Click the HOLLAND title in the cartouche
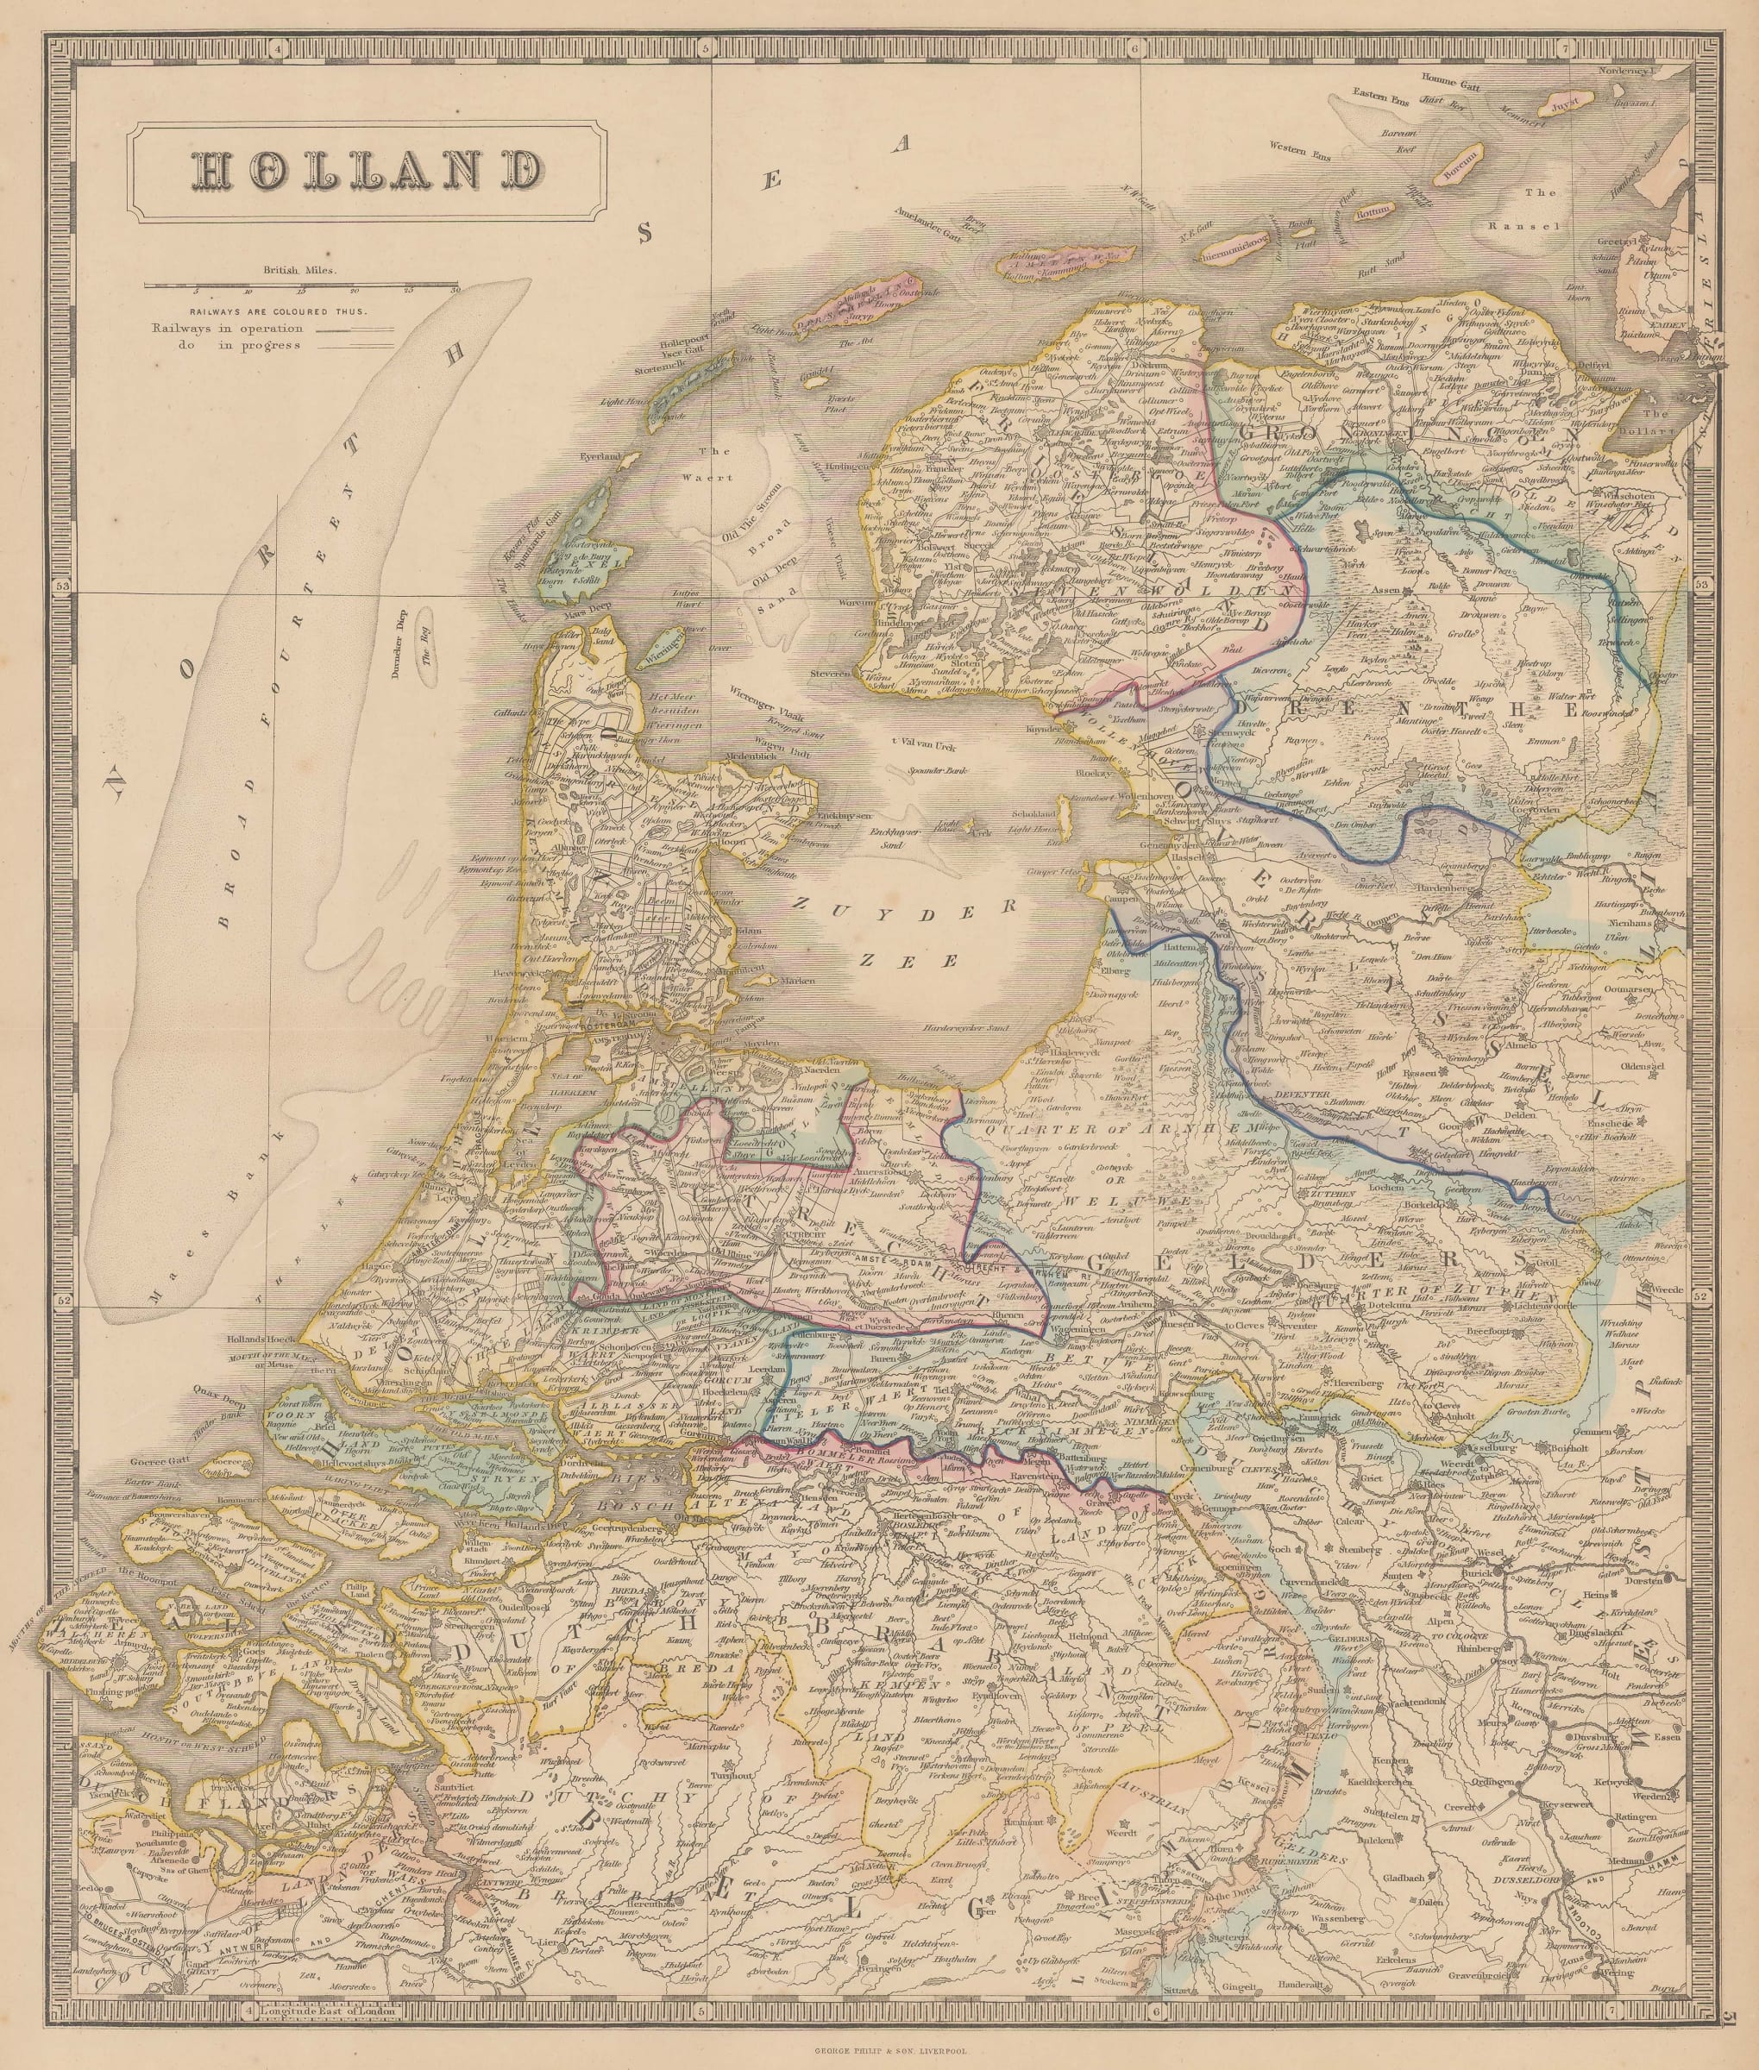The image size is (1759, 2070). tap(365, 172)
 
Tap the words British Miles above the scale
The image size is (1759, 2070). tap(300, 269)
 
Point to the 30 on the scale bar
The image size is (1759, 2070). tap(455, 292)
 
